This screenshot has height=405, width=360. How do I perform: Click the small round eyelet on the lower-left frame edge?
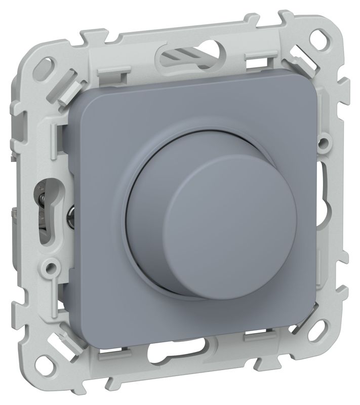pos(51,264)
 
